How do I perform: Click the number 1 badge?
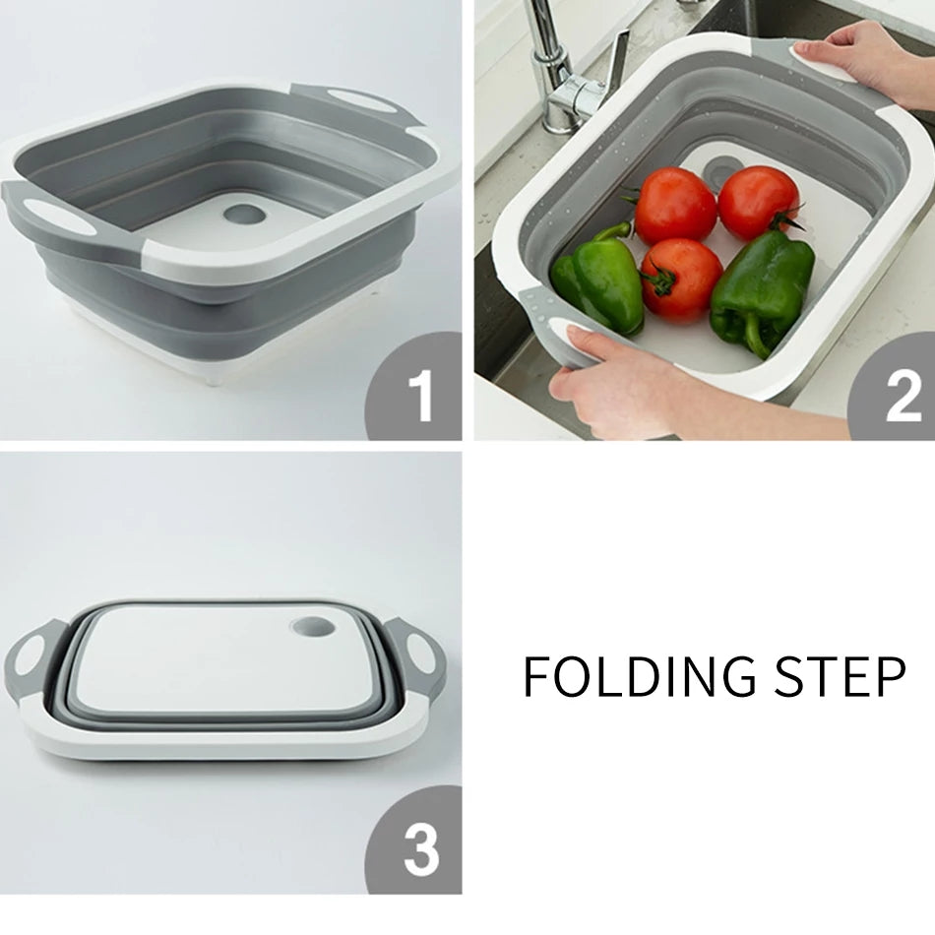point(418,393)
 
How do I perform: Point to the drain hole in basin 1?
point(242,213)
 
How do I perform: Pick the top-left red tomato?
point(675,205)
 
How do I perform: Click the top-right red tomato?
point(758,201)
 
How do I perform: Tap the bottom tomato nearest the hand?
point(681,279)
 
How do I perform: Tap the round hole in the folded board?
point(314,627)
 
